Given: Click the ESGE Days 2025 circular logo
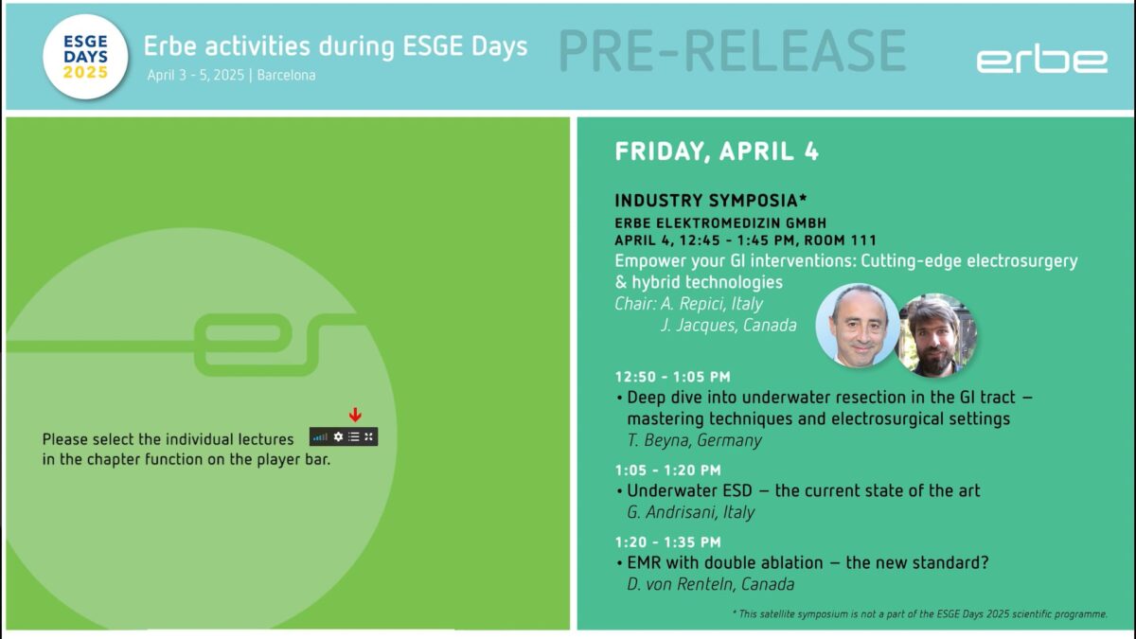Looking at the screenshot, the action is (85, 57).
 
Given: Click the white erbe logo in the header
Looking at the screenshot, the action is (1042, 59).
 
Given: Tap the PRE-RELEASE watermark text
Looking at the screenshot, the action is (733, 51).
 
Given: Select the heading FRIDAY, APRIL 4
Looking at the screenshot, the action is (717, 151).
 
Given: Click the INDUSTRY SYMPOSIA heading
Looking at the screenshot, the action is (711, 201).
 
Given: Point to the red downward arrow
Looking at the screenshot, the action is (355, 415).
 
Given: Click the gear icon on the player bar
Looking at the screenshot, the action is (338, 436).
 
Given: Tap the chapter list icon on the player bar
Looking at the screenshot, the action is (354, 436).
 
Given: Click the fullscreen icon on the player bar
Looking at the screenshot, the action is (368, 436).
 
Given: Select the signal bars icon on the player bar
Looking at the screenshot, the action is (320, 437).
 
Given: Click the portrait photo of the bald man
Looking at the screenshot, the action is (858, 325).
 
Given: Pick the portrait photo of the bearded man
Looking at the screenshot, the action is (936, 335).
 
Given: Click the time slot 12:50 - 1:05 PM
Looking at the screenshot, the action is (672, 377).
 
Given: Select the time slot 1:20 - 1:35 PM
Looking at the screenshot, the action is (668, 542).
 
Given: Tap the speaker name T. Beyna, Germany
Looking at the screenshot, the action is (694, 439).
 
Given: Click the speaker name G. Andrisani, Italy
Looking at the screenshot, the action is (691, 512).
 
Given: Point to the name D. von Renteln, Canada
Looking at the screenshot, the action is (711, 584).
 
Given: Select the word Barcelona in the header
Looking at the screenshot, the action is (286, 75).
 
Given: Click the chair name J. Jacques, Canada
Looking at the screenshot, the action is (728, 325).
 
